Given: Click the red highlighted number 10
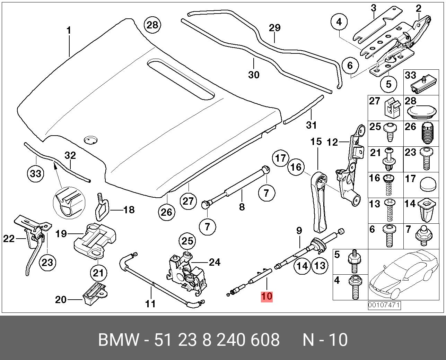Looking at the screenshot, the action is pyautogui.click(x=267, y=296).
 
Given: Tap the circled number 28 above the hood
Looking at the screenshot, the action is pyautogui.click(x=152, y=25).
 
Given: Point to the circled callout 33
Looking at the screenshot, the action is pyautogui.click(x=36, y=173).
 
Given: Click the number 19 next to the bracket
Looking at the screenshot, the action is pyautogui.click(x=61, y=234).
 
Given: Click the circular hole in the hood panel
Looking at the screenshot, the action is pyautogui.click(x=91, y=140).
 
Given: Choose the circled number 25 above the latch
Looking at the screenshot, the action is pyautogui.click(x=187, y=241).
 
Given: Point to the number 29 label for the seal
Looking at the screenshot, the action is pyautogui.click(x=275, y=28).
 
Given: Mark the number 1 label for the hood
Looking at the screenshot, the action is pyautogui.click(x=69, y=31).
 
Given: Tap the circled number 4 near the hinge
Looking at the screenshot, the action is pyautogui.click(x=339, y=22).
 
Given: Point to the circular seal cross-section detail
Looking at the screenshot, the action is pyautogui.click(x=69, y=203).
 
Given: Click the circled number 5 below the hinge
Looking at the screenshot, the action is pyautogui.click(x=388, y=84).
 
